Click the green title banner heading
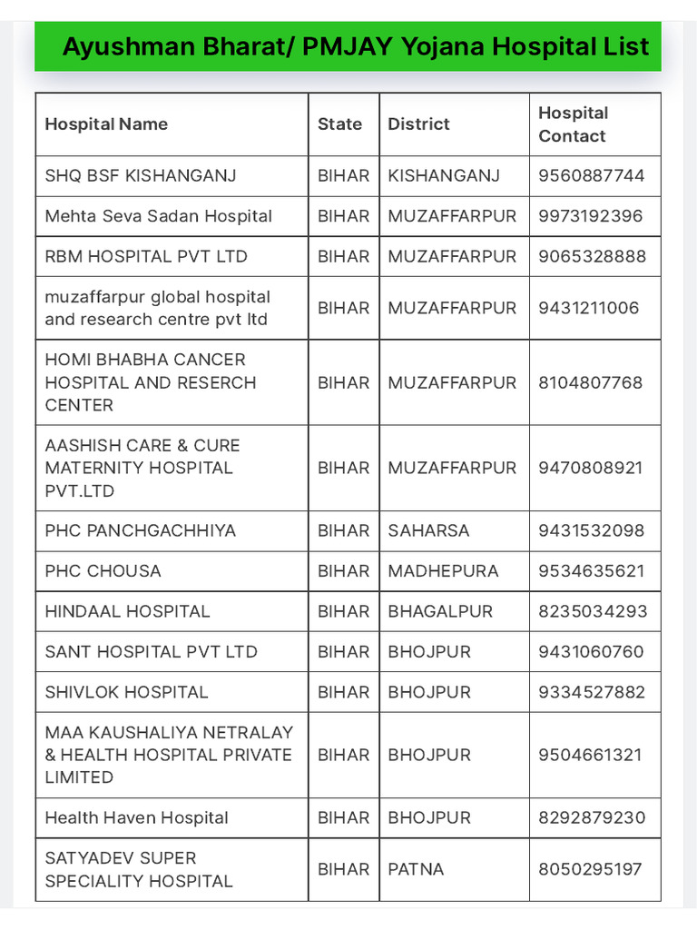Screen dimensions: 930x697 (355, 46)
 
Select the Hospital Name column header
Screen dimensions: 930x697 (106, 124)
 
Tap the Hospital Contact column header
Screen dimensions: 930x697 (573, 124)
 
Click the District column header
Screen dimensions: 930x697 (418, 124)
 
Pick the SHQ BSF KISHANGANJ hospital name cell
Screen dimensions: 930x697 (141, 175)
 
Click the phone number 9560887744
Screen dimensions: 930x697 (591, 175)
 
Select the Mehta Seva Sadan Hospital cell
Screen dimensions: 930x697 (158, 216)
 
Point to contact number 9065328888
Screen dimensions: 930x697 (592, 256)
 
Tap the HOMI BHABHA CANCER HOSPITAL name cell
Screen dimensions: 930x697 (151, 382)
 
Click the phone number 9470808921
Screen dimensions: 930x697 (590, 468)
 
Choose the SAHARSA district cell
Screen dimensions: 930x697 (428, 530)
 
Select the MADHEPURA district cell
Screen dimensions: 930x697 (443, 571)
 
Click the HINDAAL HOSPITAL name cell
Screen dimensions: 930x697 (127, 611)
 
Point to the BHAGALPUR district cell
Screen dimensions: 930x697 (440, 611)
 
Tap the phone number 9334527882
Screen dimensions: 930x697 (592, 692)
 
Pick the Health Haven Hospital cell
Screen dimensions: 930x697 (136, 817)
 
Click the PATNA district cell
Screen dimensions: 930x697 (416, 869)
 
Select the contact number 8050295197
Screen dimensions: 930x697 (590, 869)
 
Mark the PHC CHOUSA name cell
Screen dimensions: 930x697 (103, 571)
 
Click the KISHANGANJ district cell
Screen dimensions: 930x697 (444, 175)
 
